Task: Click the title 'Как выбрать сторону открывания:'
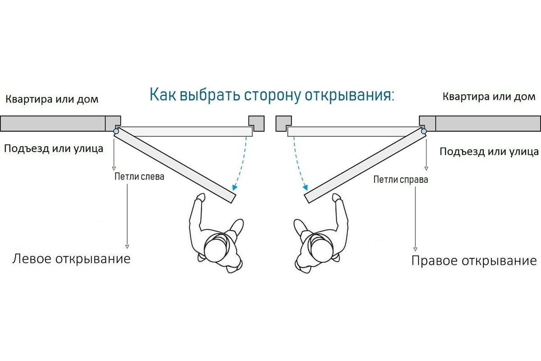(271, 96)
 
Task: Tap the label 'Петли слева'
(139, 176)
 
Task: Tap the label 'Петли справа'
(401, 180)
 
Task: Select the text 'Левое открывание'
(71, 259)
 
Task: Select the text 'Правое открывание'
(474, 261)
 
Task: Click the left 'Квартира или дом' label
(52, 99)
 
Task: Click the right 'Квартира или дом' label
(489, 97)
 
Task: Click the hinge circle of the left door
(116, 132)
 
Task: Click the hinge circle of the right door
(423, 132)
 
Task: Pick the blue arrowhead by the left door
(234, 187)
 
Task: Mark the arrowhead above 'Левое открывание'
(127, 246)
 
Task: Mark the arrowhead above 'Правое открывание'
(414, 249)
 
